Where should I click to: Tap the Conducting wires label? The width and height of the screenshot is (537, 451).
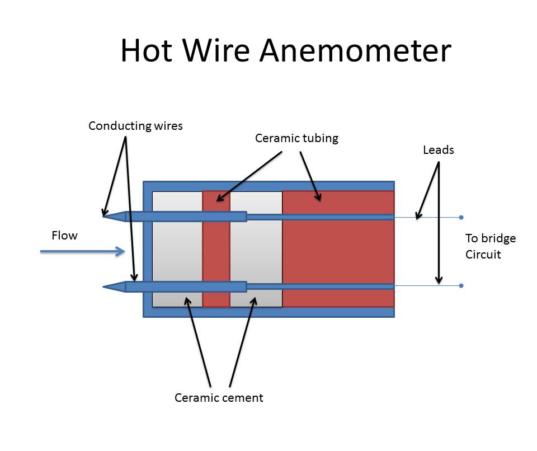coord(135,126)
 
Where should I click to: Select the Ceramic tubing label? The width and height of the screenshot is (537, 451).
coord(296,138)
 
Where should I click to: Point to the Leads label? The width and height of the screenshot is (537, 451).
coord(438,150)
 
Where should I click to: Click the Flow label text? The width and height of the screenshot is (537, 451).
coord(64,236)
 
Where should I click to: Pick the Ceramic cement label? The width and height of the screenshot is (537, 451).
coord(219,398)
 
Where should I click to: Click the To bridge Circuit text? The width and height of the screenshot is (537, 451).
coord(490,246)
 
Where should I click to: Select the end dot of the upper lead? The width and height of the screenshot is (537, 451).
coord(461,217)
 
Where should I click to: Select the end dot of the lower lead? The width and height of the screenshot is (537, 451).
coord(461,286)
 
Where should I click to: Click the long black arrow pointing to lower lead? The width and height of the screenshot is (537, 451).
coord(439,224)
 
